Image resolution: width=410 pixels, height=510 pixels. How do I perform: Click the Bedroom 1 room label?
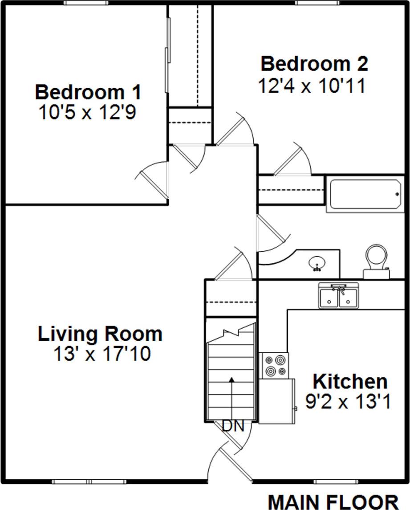(88, 92)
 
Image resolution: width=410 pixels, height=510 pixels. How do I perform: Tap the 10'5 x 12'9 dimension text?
(87, 113)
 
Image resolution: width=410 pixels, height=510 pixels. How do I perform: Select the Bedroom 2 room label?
(314, 64)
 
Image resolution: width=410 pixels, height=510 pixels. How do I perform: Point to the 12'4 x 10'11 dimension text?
(312, 86)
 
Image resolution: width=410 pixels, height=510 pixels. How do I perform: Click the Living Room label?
(100, 334)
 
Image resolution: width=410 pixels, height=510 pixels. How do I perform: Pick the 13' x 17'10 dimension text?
(102, 355)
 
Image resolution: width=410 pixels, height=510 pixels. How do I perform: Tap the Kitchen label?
(349, 382)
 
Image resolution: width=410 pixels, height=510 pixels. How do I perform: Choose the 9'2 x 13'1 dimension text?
(348, 402)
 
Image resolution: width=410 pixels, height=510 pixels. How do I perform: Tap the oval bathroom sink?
(317, 263)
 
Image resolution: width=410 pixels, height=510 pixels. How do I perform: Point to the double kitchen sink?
(339, 296)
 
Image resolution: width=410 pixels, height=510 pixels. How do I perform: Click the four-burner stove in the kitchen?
(274, 365)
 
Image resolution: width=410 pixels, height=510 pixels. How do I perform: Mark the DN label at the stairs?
(233, 426)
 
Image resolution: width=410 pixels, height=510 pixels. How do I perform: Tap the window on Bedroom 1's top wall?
(86, 3)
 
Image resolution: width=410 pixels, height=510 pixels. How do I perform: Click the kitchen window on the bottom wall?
(336, 481)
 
